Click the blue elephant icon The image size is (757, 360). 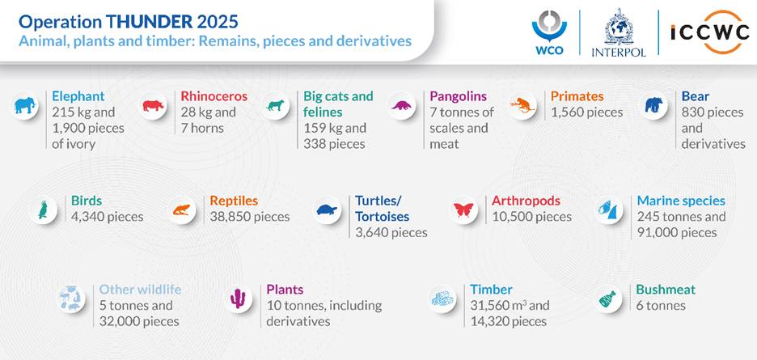tap(25, 105)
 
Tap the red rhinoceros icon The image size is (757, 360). tap(153, 105)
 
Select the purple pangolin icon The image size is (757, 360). tap(401, 105)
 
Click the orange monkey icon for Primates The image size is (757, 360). tap(522, 105)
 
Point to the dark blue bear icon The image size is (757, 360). tap(653, 105)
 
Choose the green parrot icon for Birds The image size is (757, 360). tap(43, 210)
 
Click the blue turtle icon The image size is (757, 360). tap(327, 210)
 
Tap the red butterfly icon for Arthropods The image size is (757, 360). tap(463, 210)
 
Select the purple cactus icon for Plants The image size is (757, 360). tap(238, 299)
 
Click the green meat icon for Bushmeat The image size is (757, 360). tap(607, 299)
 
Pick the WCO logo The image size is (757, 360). tap(549, 32)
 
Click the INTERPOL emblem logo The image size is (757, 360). tap(619, 32)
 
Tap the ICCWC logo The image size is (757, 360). tap(709, 32)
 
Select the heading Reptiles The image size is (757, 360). tap(234, 201)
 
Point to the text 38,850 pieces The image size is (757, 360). tap(250, 217)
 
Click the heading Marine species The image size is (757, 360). tap(681, 201)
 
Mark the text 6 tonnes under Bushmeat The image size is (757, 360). tap(661, 306)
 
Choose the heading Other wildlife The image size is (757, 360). tap(140, 290)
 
